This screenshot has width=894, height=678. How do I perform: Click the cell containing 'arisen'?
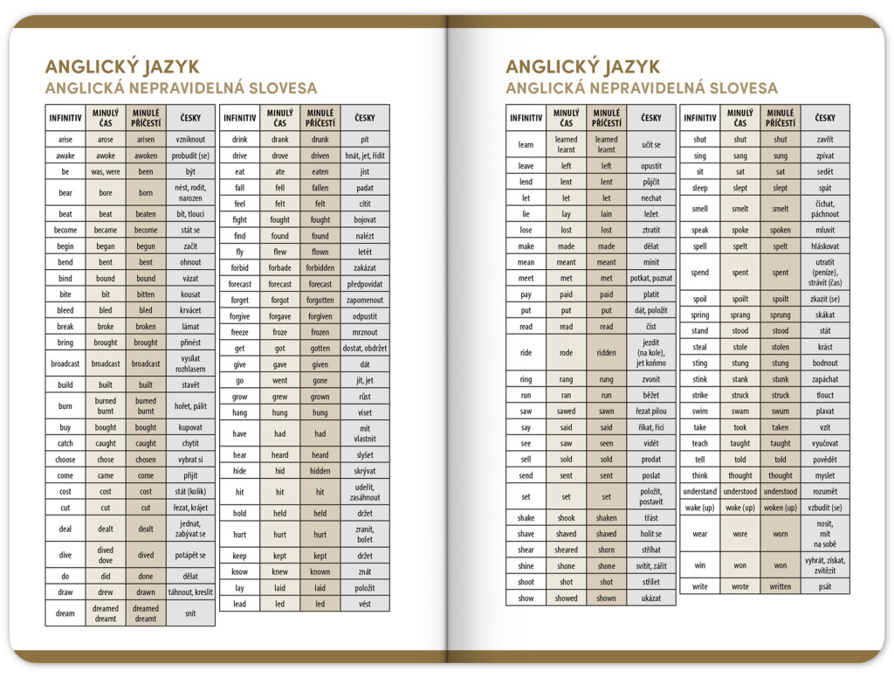coord(146,139)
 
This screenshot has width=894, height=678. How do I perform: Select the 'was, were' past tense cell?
coord(106,171)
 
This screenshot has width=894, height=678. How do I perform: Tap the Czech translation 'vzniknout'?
coord(190,139)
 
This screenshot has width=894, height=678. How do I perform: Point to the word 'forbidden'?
coord(320,268)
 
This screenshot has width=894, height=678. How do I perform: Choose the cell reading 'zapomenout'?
coord(365,300)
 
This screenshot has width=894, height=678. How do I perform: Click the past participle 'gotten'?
coord(320,348)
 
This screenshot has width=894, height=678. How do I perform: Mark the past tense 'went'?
coord(280,380)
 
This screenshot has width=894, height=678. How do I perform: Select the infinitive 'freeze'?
coord(240,332)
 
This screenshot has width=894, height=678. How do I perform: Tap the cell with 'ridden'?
coord(606,352)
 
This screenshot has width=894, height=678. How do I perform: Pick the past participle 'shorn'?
coord(606,550)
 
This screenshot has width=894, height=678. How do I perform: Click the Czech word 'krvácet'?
coord(190,310)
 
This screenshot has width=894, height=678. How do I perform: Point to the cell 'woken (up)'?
coord(781,508)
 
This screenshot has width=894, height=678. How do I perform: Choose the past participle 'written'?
coord(781,586)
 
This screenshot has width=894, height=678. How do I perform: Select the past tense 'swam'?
coord(740,412)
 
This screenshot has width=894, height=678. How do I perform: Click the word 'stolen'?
coord(781,347)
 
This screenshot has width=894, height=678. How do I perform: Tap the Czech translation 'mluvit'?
coord(825,231)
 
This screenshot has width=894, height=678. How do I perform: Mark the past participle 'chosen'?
coord(146,460)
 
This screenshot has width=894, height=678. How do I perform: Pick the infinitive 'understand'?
coord(700,491)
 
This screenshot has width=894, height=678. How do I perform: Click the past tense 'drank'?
coord(280,139)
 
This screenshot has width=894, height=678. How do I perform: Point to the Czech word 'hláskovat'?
coord(825,246)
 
